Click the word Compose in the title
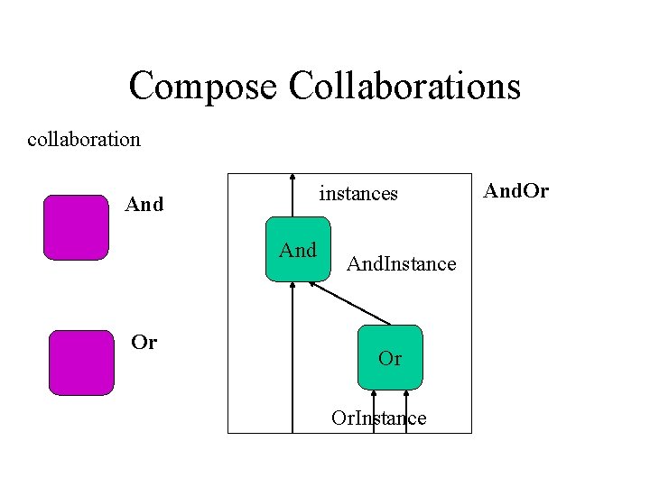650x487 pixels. [204, 87]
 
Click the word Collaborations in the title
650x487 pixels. [404, 86]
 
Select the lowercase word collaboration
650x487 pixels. [84, 139]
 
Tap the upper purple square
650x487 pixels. [76, 227]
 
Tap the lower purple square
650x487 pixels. [81, 363]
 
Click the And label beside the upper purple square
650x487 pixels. [144, 205]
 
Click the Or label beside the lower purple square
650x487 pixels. [144, 343]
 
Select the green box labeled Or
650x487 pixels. [390, 358]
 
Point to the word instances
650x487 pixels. [358, 193]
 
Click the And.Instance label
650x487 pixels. [402, 264]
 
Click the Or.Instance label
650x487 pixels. [378, 418]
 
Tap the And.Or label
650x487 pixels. [516, 191]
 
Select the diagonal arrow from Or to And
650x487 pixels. [352, 304]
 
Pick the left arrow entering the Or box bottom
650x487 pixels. [374, 410]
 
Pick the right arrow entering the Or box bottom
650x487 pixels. [407, 410]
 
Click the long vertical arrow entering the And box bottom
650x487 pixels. [292, 361]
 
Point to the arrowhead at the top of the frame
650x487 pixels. [292, 177]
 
